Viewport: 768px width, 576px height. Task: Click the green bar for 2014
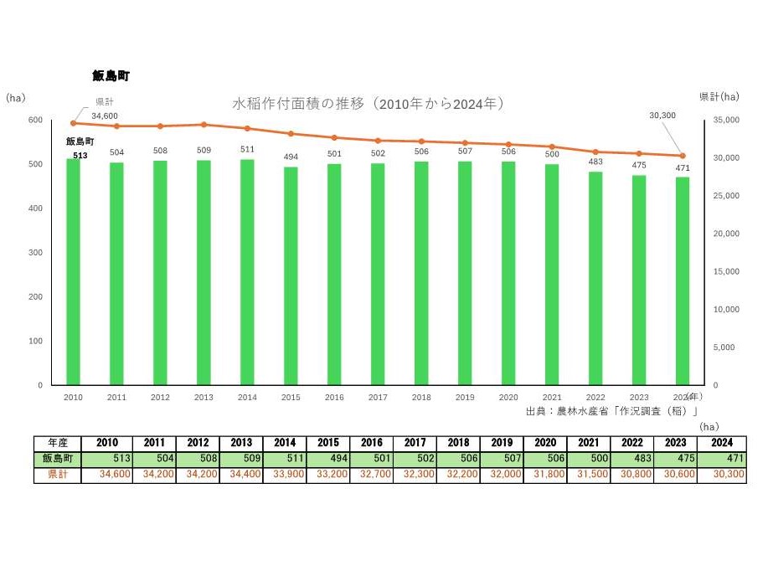247,272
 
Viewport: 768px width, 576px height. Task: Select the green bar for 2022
595,278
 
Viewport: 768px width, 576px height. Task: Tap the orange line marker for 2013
204,125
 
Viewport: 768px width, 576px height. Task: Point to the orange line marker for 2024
682,156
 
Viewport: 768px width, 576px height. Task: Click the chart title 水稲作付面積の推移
368,104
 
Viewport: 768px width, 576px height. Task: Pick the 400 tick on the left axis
36,208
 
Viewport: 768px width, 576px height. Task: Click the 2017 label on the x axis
377,398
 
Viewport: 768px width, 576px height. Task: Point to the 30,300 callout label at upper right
662,115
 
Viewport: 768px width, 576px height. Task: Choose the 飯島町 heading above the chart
111,76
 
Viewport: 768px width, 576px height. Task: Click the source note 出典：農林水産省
612,411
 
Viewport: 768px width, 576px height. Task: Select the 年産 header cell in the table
59,443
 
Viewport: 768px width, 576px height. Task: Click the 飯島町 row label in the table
59,459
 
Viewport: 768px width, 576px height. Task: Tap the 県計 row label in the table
59,475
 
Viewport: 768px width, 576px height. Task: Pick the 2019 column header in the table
502,443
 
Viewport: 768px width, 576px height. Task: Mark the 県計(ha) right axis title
719,97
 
